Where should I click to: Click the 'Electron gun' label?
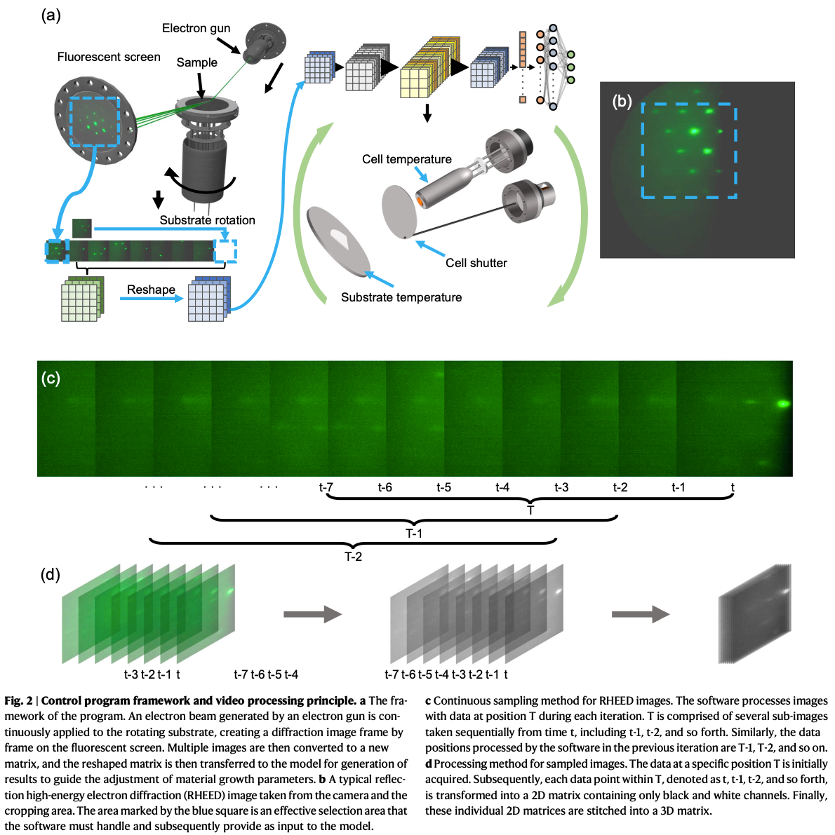point(196,28)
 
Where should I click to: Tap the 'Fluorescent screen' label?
point(109,57)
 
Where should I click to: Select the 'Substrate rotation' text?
point(207,220)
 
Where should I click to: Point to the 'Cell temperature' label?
point(407,159)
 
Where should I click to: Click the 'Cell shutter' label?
point(476,263)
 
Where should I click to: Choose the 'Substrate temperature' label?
point(401,297)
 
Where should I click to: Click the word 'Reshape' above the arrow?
point(151,290)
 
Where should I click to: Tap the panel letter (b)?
point(622,101)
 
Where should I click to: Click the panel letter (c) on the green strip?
point(51,378)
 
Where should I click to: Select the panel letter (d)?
point(51,575)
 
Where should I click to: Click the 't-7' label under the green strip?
point(326,487)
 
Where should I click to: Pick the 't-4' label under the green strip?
point(502,487)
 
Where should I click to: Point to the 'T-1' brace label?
point(414,534)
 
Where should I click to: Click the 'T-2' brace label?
point(353,557)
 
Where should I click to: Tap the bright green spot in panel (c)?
point(782,403)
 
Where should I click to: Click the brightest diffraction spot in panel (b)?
point(695,130)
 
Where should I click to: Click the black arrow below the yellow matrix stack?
point(427,114)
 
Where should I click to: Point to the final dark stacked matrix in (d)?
point(754,615)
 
